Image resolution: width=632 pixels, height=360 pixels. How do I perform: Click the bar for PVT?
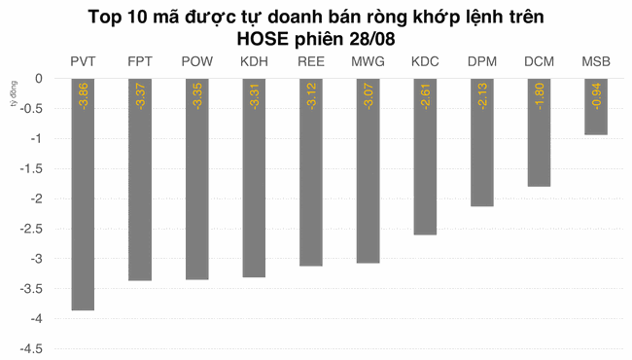coord(83,195)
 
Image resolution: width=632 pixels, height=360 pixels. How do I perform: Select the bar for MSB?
coord(596,107)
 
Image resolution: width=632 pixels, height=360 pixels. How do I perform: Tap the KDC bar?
coord(425,157)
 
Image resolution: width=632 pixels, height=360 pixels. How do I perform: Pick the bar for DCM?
coord(539,132)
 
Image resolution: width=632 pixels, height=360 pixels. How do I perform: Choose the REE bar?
coord(311,172)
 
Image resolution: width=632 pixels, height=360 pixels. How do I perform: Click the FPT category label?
coord(139,62)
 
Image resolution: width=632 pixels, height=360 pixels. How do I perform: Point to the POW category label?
coord(197,62)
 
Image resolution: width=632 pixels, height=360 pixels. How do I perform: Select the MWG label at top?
coord(368,62)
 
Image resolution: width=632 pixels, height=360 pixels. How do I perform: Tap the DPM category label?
coord(481,62)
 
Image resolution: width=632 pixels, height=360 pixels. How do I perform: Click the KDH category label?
coord(255,62)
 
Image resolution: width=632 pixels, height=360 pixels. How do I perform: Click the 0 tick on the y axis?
coord(38,78)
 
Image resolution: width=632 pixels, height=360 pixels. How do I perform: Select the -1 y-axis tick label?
coord(35,138)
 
